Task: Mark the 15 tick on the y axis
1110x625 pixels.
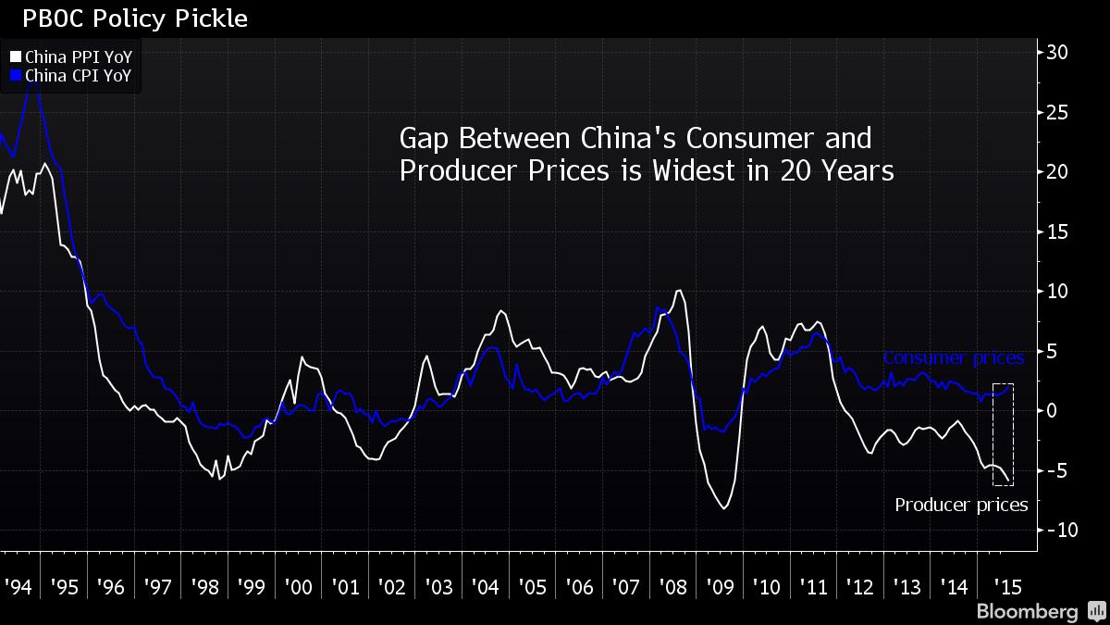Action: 1057,231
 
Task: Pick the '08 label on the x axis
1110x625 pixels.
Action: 672,587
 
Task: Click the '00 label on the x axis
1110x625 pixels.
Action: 299,587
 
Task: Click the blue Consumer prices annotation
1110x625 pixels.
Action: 953,358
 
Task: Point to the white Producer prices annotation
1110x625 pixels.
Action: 961,505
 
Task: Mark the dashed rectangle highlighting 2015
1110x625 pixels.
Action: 1004,433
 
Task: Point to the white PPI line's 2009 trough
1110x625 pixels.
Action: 723,507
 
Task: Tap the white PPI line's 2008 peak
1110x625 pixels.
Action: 679,291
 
